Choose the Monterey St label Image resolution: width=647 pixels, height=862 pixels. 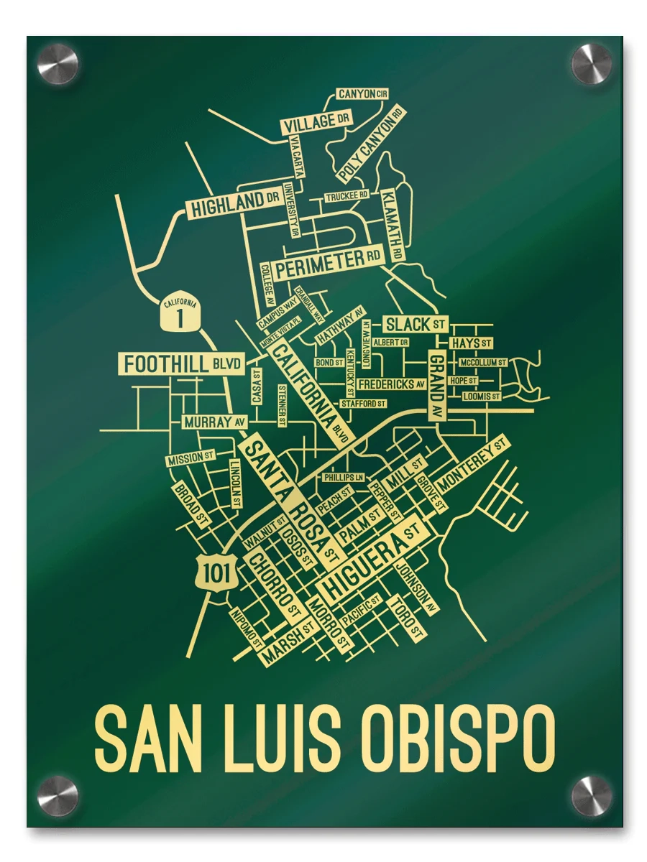472,464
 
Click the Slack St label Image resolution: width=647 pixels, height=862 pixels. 416,324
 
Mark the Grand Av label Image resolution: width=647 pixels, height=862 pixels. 436,386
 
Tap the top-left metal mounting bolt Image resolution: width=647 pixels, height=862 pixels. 58,65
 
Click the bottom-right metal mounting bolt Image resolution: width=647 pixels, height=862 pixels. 591,796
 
